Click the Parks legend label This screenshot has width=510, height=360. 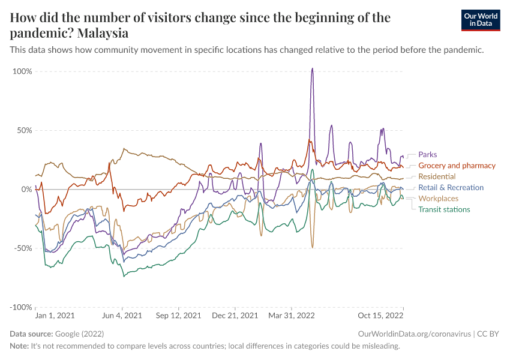click(427, 154)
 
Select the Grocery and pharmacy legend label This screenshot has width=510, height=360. click(457, 166)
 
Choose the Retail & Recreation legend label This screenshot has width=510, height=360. click(451, 188)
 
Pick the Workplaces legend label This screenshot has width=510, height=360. click(438, 199)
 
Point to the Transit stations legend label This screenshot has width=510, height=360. click(444, 209)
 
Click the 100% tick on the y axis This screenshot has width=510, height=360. click(22, 71)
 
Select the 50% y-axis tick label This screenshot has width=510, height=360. click(23, 130)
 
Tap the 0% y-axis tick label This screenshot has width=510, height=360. click(26, 189)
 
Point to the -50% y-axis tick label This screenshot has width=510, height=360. click(22, 248)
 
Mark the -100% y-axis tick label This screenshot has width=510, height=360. click(20, 307)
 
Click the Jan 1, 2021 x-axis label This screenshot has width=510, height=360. click(55, 315)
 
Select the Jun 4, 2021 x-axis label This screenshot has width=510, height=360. click(123, 315)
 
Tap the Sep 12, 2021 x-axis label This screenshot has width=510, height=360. click(178, 315)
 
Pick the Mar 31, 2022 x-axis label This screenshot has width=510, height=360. click(292, 315)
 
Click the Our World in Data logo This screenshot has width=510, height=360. click(480, 20)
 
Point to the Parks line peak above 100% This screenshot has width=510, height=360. click(312, 68)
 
